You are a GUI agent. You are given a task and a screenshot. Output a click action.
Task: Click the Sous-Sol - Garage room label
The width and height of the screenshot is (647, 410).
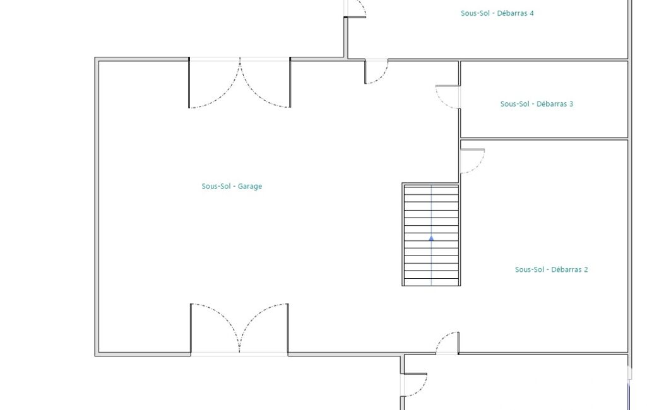pyautogui.click(x=232, y=186)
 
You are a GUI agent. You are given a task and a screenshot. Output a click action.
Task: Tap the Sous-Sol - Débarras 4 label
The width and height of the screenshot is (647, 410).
pyautogui.click(x=497, y=13)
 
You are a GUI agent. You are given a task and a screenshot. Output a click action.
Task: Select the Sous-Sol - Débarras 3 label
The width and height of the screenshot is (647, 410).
pyautogui.click(x=537, y=104)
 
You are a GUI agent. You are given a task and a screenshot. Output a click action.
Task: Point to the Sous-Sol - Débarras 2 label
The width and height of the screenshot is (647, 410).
pyautogui.click(x=551, y=269)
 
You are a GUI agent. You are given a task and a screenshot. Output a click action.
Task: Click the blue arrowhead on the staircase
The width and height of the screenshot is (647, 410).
pyautogui.click(x=431, y=238)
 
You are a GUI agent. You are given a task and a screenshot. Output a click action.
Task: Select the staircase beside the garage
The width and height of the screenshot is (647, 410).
pyautogui.click(x=430, y=235)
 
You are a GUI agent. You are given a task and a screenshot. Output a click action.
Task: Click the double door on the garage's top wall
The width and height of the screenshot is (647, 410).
pyautogui.click(x=240, y=83)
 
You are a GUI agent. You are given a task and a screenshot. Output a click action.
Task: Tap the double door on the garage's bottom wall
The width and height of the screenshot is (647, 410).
pyautogui.click(x=239, y=329)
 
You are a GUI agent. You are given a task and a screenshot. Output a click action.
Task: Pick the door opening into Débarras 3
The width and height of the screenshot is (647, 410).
pyautogui.click(x=448, y=97)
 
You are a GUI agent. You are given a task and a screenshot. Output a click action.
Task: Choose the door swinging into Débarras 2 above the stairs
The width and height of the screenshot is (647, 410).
pyautogui.click(x=472, y=161)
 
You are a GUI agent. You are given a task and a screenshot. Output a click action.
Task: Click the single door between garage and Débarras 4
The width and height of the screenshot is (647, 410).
pyautogui.click(x=376, y=71)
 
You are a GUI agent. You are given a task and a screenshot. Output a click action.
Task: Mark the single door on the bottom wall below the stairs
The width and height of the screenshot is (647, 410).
pyautogui.click(x=448, y=343)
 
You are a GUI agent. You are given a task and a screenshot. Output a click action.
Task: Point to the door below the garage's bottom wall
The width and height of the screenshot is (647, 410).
pyautogui.click(x=414, y=385)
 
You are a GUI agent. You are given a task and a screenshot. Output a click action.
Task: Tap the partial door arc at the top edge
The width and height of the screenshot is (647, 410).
pyautogui.click(x=356, y=9)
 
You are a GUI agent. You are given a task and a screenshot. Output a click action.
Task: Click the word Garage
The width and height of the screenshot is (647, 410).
pyautogui.click(x=249, y=187)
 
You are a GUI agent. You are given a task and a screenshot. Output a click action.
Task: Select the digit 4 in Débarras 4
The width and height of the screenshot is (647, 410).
pyautogui.click(x=531, y=13)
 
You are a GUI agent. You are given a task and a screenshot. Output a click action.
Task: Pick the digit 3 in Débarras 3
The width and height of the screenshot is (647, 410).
pyautogui.click(x=571, y=104)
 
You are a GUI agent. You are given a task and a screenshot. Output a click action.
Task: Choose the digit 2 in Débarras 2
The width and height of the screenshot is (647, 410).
pyautogui.click(x=586, y=269)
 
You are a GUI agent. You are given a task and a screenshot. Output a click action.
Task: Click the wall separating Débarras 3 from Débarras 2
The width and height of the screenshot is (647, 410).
pyautogui.click(x=544, y=139)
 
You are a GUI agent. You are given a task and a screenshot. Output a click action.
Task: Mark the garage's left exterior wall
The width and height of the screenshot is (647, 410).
pyautogui.click(x=97, y=206)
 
